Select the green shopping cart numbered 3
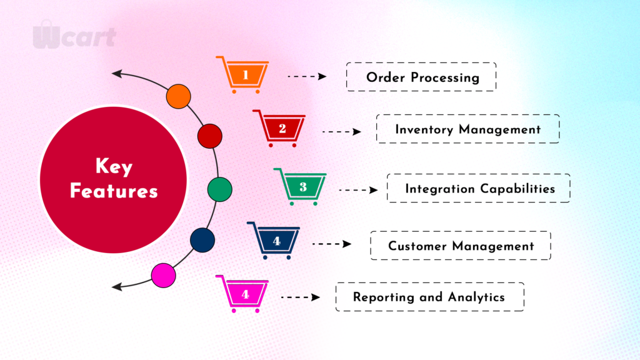(302, 186)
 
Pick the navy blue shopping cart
(275, 241)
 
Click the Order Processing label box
(421, 77)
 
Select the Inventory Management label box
(467, 129)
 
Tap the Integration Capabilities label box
(479, 188)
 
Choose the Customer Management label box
(461, 246)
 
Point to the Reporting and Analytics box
(430, 297)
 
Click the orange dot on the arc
(178, 96)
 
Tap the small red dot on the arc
(210, 136)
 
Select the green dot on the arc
(220, 189)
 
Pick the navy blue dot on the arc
(202, 240)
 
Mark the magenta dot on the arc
(164, 275)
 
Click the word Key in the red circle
(114, 166)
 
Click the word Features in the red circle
(114, 191)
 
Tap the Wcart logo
(74, 35)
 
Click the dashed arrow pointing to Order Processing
(307, 76)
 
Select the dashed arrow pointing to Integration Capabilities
(358, 190)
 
